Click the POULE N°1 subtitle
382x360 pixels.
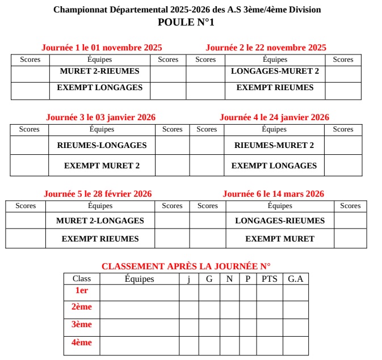tap(186, 23)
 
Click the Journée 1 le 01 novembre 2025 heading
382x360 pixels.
tap(102, 48)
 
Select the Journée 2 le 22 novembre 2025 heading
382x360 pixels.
tap(266, 48)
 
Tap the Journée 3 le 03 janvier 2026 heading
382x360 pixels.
tap(100, 117)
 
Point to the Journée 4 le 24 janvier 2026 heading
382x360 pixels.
tap(274, 117)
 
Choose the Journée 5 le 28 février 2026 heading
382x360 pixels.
tap(98, 194)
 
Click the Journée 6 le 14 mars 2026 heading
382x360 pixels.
tap(274, 194)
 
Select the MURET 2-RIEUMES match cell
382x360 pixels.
tap(99, 71)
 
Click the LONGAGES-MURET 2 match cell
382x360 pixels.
tap(275, 71)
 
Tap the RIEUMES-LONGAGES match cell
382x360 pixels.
tap(102, 145)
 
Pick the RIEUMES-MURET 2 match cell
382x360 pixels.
tap(274, 145)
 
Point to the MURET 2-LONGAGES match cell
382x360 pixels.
tap(100, 221)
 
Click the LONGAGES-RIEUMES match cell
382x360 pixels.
tap(280, 221)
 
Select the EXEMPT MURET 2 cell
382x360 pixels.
tap(102, 166)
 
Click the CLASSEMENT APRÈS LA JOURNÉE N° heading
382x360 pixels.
tap(186, 266)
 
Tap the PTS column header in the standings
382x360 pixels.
tap(270, 279)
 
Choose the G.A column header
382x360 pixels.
tap(295, 279)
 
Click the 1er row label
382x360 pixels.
tap(82, 290)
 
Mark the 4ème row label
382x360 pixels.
tap(82, 342)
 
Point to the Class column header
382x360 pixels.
tap(82, 279)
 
